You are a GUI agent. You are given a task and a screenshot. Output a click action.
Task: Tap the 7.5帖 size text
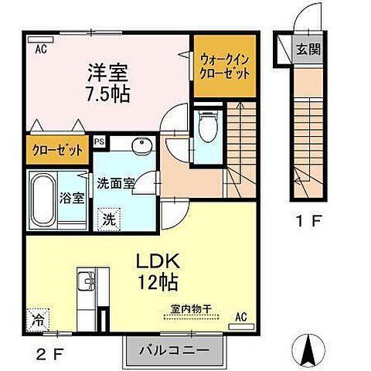point(107,94)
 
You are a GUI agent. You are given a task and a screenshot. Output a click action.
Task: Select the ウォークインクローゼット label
point(224,66)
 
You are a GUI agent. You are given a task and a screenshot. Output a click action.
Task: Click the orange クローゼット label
point(58,151)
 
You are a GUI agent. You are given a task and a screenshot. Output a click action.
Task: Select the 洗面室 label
point(115,184)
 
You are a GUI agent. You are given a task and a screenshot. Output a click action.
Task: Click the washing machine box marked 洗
point(109,219)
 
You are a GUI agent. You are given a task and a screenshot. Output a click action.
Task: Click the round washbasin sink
point(141,147)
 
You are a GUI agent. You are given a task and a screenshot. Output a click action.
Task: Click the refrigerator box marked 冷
point(38,317)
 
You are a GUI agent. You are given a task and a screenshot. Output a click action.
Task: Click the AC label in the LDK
point(240,315)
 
